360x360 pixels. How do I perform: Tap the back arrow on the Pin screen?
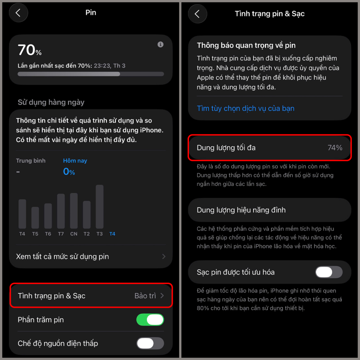[18, 13]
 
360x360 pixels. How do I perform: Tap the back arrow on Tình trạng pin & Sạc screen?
[197, 14]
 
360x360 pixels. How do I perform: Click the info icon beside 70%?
[161, 44]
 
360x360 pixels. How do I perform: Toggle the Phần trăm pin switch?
[150, 320]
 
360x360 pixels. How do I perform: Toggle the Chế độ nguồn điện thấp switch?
[150, 343]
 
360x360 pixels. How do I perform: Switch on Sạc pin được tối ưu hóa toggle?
[329, 272]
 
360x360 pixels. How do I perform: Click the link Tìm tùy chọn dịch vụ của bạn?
[246, 108]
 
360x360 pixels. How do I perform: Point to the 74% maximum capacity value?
[335, 148]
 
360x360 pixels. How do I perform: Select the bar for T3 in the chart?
[100, 207]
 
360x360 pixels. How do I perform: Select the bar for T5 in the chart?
[35, 217]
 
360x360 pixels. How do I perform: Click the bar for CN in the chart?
[74, 211]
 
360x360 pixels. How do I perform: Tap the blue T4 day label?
[112, 234]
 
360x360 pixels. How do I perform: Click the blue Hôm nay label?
[75, 161]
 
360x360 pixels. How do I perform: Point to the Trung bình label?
[31, 161]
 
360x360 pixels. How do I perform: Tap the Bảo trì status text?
[145, 296]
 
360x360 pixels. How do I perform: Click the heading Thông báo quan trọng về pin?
[246, 46]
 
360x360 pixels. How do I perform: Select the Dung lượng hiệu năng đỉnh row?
[269, 210]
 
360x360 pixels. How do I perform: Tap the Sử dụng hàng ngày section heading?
[51, 102]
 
